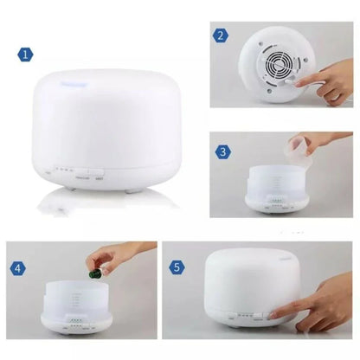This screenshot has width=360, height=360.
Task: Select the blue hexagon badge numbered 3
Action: tap(222, 152)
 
